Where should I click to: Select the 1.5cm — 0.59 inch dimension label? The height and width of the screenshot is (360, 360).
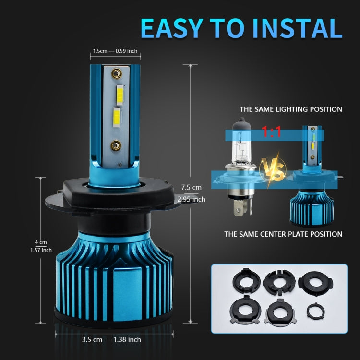click(116, 51)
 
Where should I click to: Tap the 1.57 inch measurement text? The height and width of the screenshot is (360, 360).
click(40, 250)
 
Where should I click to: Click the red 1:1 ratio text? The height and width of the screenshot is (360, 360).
click(272, 133)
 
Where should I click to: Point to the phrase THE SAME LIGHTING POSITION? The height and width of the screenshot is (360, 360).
click(291, 109)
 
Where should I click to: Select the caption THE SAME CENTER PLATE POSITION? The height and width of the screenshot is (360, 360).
click(283, 234)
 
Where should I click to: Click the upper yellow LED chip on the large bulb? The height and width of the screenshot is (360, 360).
click(119, 94)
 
